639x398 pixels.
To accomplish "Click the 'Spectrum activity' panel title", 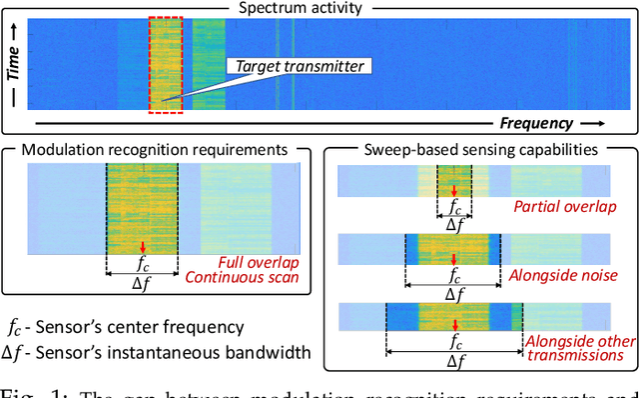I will [319, 8].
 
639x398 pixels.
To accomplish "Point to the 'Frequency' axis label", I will [535, 124].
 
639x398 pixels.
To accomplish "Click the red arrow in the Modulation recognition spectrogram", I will [143, 247].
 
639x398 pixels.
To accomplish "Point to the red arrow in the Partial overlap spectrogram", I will [454, 192].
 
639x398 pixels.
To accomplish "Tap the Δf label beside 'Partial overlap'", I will [454, 227].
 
